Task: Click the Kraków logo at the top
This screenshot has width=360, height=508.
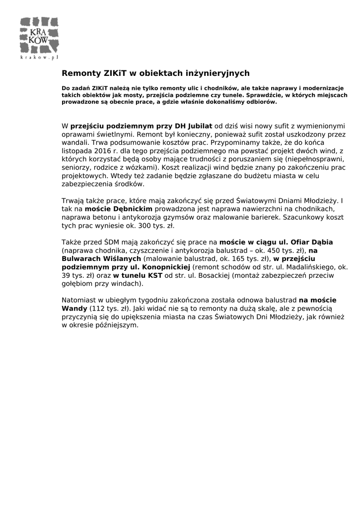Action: pyautogui.click(x=39, y=35)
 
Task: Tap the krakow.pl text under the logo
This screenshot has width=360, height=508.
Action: pyautogui.click(x=39, y=58)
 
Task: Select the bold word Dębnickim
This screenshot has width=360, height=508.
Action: pyautogui.click(x=132, y=209)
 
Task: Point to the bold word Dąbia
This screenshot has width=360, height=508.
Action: pyautogui.click(x=322, y=242)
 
